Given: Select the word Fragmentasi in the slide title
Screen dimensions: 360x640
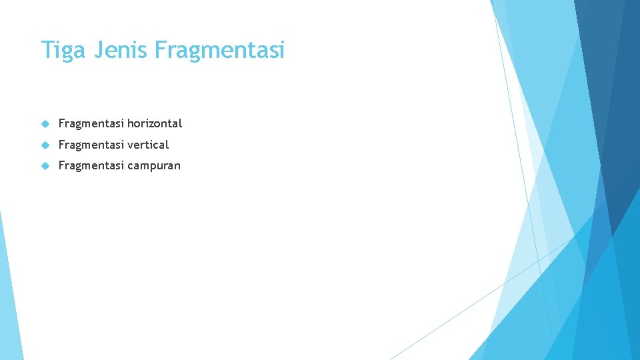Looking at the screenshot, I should [219, 50].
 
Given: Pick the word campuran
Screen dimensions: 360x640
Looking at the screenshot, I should [154, 166].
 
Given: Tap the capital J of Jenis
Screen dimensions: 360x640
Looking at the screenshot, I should [97, 50].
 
